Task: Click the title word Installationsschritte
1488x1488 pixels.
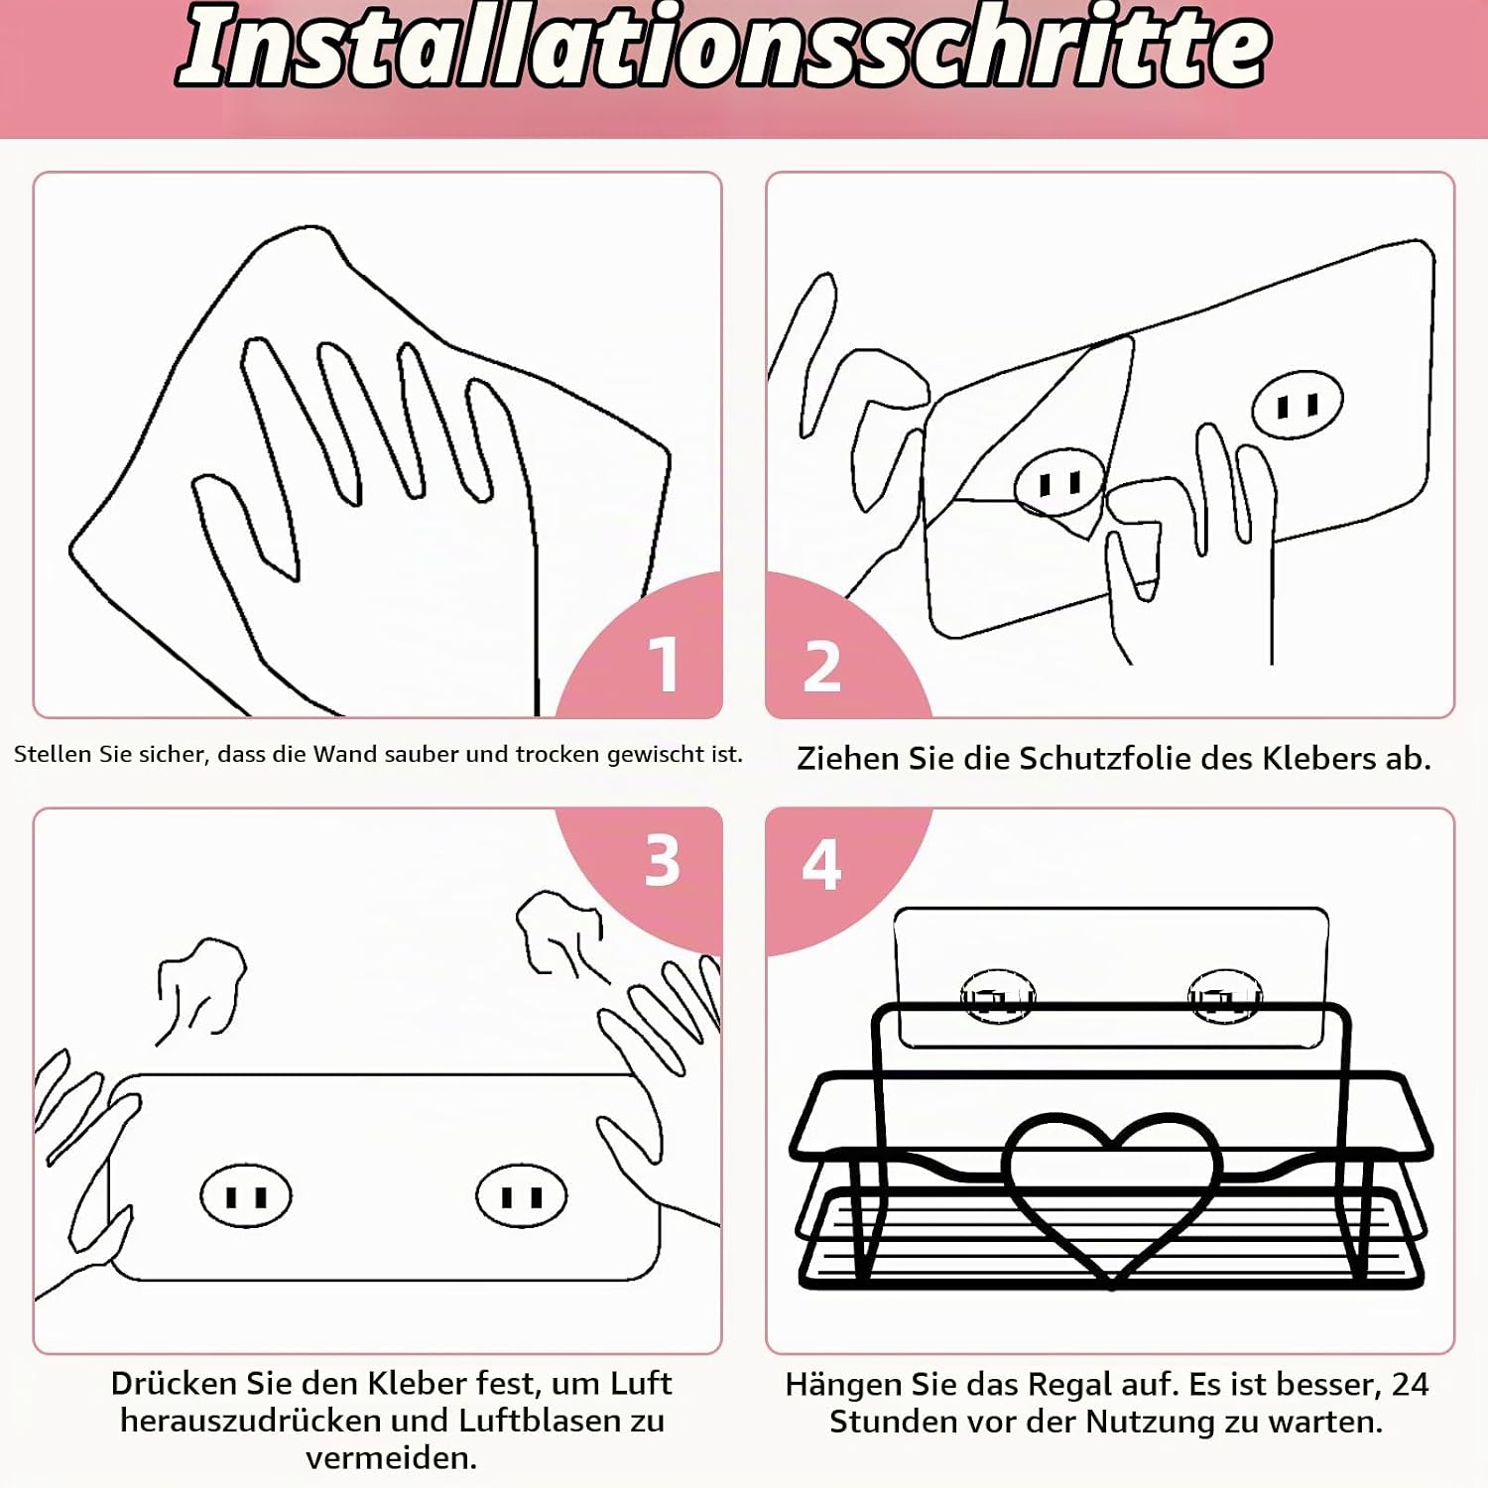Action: pyautogui.click(x=724, y=48)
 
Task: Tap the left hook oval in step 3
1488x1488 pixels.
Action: pyautogui.click(x=246, y=1196)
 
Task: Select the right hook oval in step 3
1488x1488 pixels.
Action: pyautogui.click(x=522, y=1196)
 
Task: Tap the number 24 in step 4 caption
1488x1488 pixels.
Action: pyautogui.click(x=1410, y=1384)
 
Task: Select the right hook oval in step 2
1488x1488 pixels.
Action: pyautogui.click(x=1298, y=405)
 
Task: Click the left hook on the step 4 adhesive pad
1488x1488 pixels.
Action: pyautogui.click(x=998, y=996)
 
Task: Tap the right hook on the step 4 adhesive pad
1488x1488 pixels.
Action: pyautogui.click(x=1225, y=996)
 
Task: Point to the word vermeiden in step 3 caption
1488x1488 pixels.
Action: pyautogui.click(x=392, y=1458)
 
